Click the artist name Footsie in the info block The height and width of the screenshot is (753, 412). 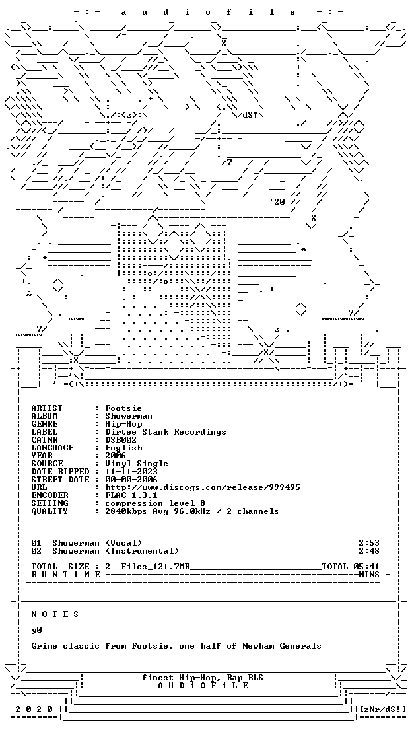(x=123, y=408)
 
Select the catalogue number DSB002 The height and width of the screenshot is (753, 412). (x=121, y=440)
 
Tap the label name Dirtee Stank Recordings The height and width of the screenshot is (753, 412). (x=166, y=432)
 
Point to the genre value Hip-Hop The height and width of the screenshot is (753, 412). (x=124, y=424)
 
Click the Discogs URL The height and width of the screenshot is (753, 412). (x=203, y=487)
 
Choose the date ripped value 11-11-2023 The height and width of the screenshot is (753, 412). (x=131, y=472)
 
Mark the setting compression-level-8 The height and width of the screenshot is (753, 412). (x=155, y=503)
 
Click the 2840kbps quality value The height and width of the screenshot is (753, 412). (x=127, y=511)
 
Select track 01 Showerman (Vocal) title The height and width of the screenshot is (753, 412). (x=97, y=543)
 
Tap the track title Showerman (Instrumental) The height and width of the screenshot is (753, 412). (x=116, y=551)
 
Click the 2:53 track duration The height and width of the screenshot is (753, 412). (x=369, y=543)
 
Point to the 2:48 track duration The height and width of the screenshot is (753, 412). (x=369, y=551)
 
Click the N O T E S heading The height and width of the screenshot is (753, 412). (x=55, y=614)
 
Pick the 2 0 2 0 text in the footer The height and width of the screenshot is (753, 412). (x=34, y=709)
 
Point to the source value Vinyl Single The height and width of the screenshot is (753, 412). (x=137, y=464)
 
